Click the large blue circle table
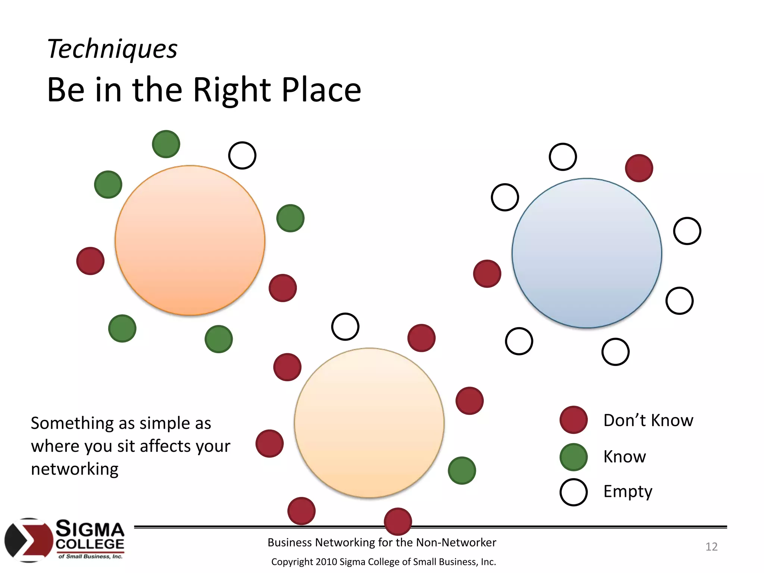point(587,253)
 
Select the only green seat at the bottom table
point(462,470)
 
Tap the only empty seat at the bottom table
point(345,326)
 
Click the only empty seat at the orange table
point(242,155)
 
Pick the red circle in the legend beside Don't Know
point(573,420)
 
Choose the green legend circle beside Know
point(573,457)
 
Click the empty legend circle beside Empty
point(573,492)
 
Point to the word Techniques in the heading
point(112,49)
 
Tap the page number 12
point(711,547)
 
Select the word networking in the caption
point(75,469)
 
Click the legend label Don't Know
point(648,420)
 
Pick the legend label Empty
point(628,492)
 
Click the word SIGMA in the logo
point(90,529)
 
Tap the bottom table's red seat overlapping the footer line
point(398,521)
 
